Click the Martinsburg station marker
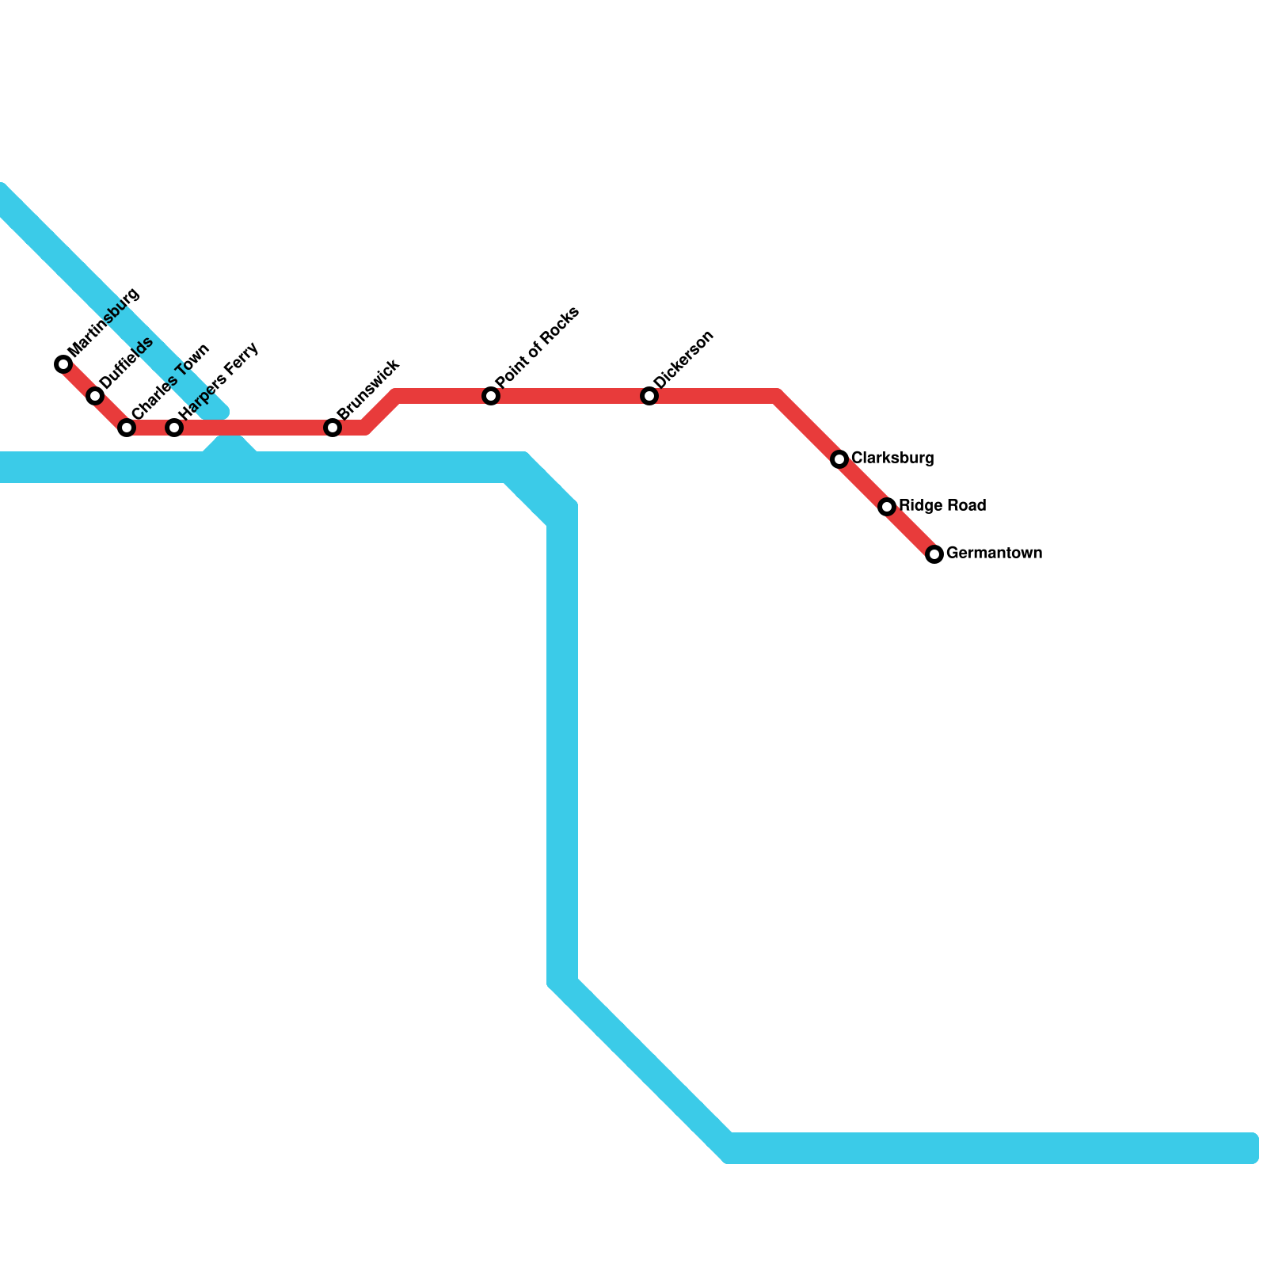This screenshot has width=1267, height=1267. point(63,364)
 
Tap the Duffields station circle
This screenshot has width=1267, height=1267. point(95,396)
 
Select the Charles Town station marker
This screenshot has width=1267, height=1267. point(127,428)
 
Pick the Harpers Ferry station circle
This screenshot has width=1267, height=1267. point(174,428)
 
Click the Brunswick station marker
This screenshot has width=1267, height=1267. point(333,428)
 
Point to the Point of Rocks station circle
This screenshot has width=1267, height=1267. point(491,396)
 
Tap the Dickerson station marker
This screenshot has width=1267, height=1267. point(649,396)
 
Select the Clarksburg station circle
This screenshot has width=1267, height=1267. point(839,459)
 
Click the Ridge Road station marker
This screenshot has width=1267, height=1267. point(887,507)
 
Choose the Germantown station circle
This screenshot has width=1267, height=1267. point(934,554)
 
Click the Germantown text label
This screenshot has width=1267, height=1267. point(994,554)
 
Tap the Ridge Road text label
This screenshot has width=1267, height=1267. point(942,506)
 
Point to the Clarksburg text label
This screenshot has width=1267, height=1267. point(892,458)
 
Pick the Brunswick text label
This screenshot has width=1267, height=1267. point(368,390)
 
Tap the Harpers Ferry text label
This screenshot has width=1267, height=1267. point(219,380)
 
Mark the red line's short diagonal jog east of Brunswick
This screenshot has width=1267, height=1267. point(381,412)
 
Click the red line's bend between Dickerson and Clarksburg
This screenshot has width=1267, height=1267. point(778,396)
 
